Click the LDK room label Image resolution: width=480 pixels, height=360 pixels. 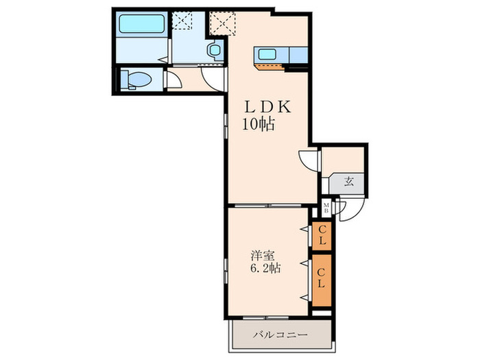coord(267,107)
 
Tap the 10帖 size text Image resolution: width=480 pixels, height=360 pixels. coord(259,124)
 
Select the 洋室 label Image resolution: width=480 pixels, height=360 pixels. coord(263,256)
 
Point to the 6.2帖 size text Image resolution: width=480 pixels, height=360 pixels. coord(265,268)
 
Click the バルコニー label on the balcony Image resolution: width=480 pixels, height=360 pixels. coord(280,335)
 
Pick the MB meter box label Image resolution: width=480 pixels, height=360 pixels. coord(326,208)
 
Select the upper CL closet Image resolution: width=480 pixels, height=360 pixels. coord(322,235)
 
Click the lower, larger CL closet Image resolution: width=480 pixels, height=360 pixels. coord(322,280)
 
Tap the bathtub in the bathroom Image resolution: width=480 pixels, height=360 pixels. coord(142,24)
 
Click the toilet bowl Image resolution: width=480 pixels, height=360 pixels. coord(137,80)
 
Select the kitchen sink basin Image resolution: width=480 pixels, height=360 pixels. coord(267,54)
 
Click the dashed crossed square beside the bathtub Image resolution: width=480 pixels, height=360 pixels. coord(183,21)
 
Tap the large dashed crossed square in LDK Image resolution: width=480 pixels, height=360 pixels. coord(223,23)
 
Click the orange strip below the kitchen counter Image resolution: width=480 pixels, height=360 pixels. coord(269,67)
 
